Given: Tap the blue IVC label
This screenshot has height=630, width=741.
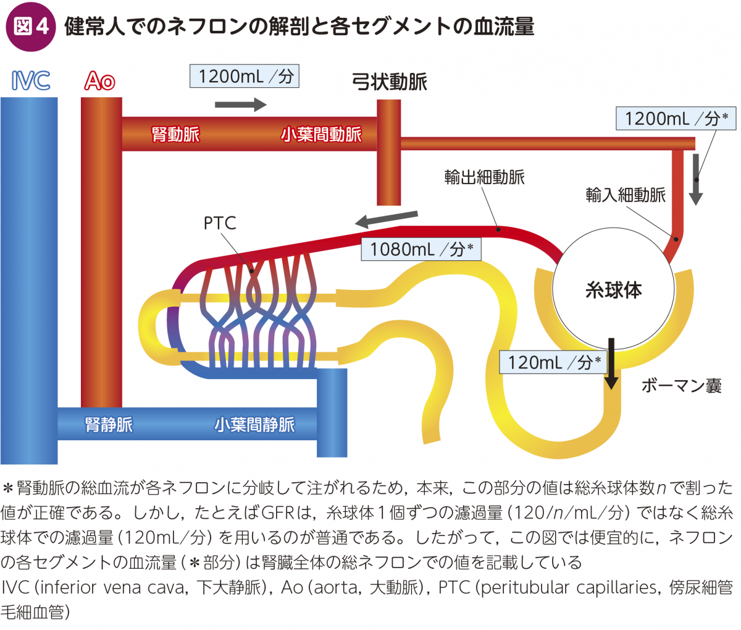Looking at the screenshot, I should pyautogui.click(x=30, y=81).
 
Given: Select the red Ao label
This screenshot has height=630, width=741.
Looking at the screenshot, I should pyautogui.click(x=100, y=81).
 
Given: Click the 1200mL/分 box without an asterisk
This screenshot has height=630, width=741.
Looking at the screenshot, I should pyautogui.click(x=245, y=77).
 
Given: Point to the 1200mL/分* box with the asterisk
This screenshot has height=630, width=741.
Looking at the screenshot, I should pyautogui.click(x=676, y=118).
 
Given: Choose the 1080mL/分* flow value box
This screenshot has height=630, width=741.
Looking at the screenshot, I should pyautogui.click(x=421, y=249).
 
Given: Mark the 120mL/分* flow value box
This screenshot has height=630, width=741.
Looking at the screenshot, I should pyautogui.click(x=553, y=362).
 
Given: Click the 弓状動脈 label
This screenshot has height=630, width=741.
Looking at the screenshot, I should pyautogui.click(x=389, y=82).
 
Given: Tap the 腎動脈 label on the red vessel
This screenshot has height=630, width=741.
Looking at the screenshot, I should pyautogui.click(x=176, y=134).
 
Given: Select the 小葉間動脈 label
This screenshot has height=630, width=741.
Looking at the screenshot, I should pyautogui.click(x=321, y=134).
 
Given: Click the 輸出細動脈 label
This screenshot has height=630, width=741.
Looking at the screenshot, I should pyautogui.click(x=484, y=177).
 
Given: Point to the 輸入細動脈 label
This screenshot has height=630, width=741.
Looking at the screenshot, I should pyautogui.click(x=626, y=195).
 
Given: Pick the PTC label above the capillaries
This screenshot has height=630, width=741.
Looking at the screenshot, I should pyautogui.click(x=220, y=223).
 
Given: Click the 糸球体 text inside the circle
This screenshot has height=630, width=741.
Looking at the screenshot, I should pyautogui.click(x=613, y=290).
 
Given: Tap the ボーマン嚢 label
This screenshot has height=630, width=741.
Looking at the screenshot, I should pyautogui.click(x=681, y=386).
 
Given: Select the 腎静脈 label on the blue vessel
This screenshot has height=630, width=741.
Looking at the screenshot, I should pyautogui.click(x=109, y=424).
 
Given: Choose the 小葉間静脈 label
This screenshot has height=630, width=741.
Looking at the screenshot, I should pyautogui.click(x=254, y=424).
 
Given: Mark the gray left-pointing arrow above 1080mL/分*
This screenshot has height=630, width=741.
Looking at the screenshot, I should pyautogui.click(x=387, y=218).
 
